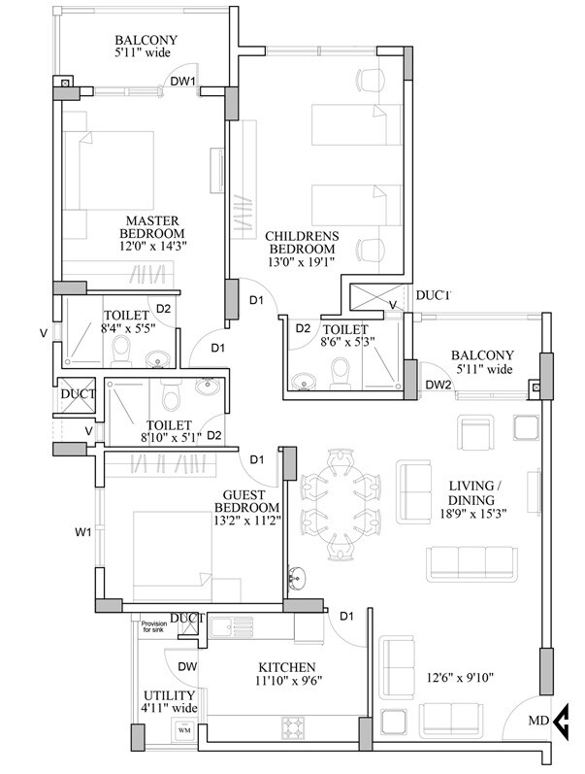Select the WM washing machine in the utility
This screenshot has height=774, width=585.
point(183,728)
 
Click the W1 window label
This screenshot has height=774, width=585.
point(83,531)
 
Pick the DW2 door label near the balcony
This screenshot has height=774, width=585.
point(439,385)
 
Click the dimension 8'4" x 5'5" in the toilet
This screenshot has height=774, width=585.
point(128,328)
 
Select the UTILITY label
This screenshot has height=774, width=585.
point(169,696)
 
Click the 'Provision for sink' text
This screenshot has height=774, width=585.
point(154,628)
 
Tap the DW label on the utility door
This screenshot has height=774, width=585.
point(188,666)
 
